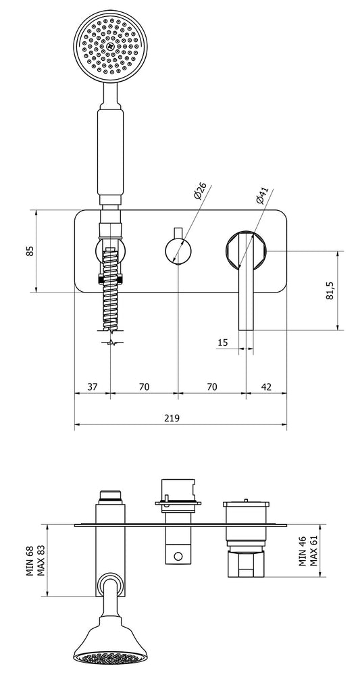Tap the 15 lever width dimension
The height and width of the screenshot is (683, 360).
(x=223, y=343)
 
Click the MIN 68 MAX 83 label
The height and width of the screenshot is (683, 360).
(x=34, y=559)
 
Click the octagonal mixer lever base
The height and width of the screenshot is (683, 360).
(x=246, y=251)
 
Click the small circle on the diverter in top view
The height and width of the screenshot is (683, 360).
(x=178, y=557)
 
